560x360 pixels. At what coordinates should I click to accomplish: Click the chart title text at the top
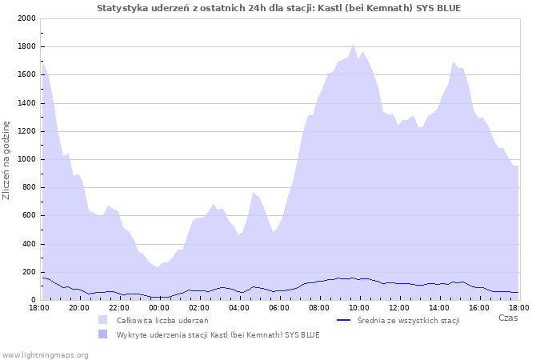tap(278, 8)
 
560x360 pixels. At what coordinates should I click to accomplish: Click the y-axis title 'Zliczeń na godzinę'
tap(6, 159)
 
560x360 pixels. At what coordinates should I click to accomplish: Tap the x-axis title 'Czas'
tap(507, 318)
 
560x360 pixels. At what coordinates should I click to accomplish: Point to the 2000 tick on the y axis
tap(26, 18)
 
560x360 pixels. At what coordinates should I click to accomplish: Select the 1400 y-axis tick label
tap(26, 103)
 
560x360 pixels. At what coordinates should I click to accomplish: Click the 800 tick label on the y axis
tap(28, 187)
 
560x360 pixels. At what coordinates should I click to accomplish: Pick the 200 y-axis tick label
tap(28, 272)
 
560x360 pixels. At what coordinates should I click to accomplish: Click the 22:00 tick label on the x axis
tap(119, 307)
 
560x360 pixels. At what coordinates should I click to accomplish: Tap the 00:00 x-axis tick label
tap(159, 307)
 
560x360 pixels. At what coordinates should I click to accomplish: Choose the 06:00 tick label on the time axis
tap(279, 307)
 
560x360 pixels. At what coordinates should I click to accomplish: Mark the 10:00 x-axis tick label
tap(359, 307)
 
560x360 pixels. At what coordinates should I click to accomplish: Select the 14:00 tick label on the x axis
tap(439, 307)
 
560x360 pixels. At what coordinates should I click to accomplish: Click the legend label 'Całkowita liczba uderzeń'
tap(162, 321)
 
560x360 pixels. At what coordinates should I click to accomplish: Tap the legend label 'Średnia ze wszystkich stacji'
tap(408, 321)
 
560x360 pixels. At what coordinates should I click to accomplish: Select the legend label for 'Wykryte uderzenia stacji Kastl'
tap(218, 334)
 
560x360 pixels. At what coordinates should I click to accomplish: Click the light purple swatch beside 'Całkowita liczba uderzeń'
tap(102, 320)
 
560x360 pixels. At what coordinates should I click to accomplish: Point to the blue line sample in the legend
tap(345, 320)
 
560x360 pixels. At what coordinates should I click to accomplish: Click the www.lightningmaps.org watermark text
tap(45, 354)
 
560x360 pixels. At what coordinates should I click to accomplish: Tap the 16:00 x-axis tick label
tap(479, 307)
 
